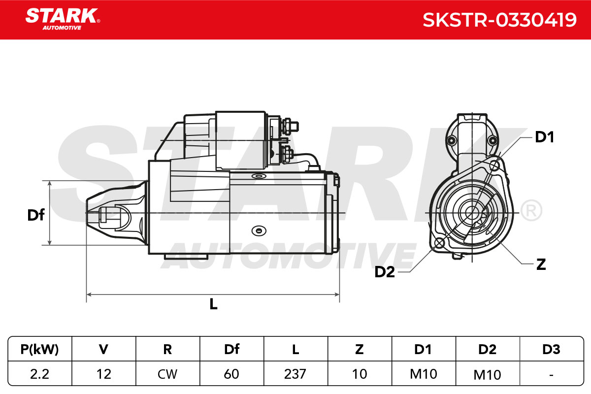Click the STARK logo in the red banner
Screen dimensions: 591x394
point(63,19)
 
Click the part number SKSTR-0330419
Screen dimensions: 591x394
point(499,20)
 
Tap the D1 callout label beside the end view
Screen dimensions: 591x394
point(544,137)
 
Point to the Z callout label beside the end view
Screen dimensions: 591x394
point(541,264)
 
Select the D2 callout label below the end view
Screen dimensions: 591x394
point(385,272)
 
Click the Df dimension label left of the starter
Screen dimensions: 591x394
point(36,215)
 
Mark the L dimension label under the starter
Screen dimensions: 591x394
point(213,304)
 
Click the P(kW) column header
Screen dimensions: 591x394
point(39,349)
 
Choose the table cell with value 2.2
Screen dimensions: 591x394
point(39,374)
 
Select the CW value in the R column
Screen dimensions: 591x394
point(167,374)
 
